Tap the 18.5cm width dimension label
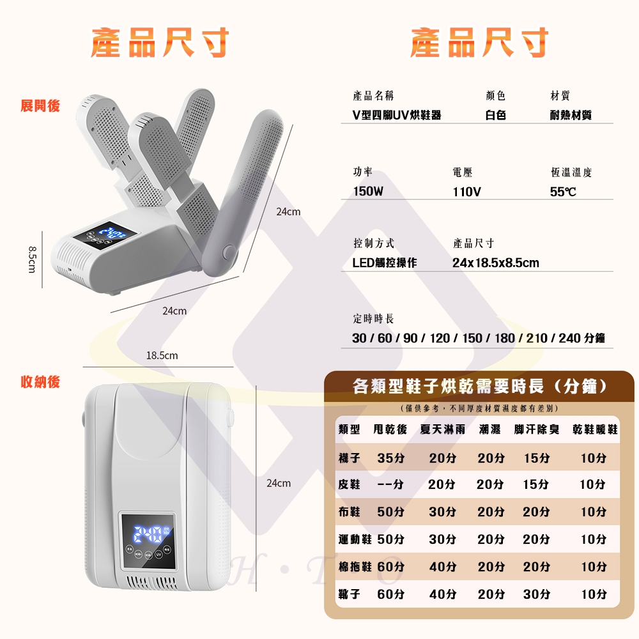tap(162, 355)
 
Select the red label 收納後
tap(40, 382)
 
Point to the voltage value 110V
tap(466, 191)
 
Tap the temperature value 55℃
tap(563, 191)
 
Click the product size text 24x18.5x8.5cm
tap(495, 263)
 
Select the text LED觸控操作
tap(385, 263)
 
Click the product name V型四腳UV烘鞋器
tap(397, 115)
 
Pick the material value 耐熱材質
tap(571, 115)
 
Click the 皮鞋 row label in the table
tap(350, 484)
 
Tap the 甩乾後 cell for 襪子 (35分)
tap(390, 458)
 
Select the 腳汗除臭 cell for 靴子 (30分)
tap(536, 594)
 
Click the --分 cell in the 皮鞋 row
tap(390, 484)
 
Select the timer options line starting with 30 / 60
tap(479, 338)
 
